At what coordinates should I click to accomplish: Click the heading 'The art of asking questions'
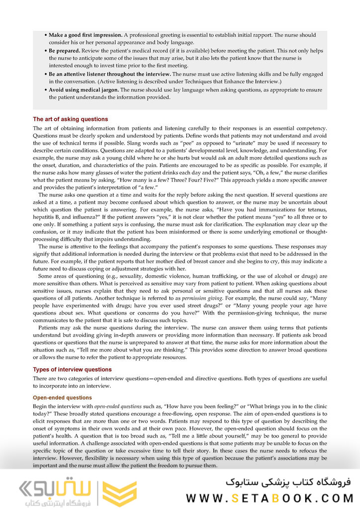70,119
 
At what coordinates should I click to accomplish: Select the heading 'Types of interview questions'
72,369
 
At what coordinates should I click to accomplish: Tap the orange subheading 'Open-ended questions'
62,398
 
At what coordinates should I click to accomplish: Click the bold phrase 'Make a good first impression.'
86,35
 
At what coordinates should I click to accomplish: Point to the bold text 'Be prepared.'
64,51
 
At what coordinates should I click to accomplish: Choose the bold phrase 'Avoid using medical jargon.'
84,90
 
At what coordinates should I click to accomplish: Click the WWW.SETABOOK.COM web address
270,498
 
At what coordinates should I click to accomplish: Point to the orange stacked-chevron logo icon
119,493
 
